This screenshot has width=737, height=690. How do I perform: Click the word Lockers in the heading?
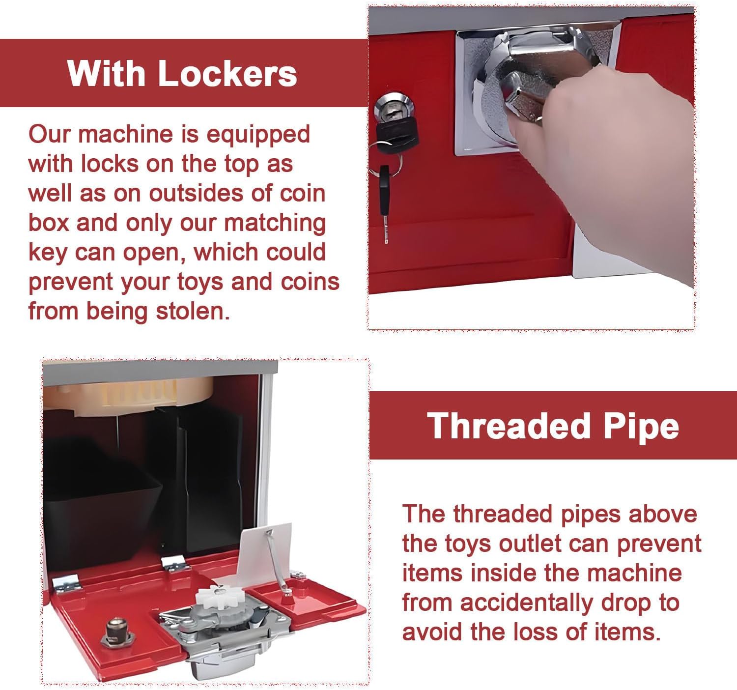click(x=227, y=74)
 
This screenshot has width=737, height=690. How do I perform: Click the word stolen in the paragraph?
click(x=193, y=311)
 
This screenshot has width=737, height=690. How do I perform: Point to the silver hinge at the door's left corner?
click(x=66, y=583)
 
